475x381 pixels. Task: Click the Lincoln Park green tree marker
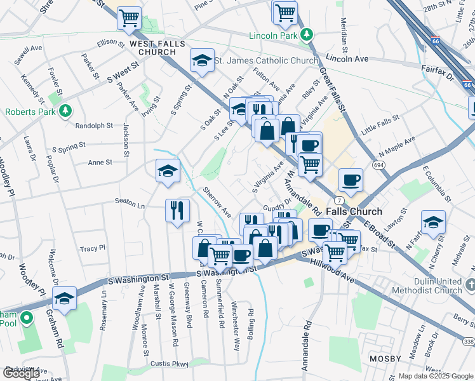[307, 34]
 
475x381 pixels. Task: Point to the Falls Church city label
[354, 212]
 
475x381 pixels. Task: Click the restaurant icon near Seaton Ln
[177, 210]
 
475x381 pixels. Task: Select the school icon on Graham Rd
[64, 298]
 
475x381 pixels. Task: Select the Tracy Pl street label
[92, 248]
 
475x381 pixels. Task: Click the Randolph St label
[93, 126]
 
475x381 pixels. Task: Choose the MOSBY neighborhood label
[384, 359]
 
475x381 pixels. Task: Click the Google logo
[21, 373]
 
